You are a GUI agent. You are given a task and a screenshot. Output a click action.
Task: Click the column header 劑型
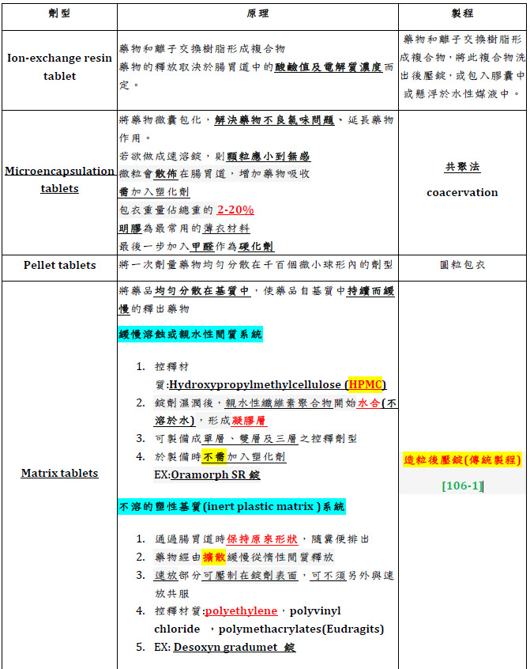pos(60,15)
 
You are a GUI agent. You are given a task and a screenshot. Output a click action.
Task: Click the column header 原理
pos(257,15)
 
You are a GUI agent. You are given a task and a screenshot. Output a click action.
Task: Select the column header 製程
pos(462,15)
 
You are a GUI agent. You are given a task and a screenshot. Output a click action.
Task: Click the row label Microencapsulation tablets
pos(60,180)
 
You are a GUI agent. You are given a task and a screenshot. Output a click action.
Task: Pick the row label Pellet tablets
pos(60,265)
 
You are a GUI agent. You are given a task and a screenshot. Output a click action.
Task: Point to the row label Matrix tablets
pos(60,473)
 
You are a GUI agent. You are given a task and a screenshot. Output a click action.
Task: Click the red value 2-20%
pos(235,210)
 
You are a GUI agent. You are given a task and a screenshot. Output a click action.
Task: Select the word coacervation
pos(462,192)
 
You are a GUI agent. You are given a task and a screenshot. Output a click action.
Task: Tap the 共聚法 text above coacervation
pos(462,167)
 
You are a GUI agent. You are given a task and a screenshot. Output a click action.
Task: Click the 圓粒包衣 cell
pos(462,265)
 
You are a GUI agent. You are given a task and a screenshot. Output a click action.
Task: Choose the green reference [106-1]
pos(462,485)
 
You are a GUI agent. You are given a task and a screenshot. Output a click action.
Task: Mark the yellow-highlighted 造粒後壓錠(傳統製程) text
pos(462,460)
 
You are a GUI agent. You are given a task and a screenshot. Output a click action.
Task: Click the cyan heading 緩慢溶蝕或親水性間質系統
pos(190,334)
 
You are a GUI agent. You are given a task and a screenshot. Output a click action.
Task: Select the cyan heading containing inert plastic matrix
pos(232,506)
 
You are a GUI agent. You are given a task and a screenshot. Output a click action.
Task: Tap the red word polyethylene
pos(241,611)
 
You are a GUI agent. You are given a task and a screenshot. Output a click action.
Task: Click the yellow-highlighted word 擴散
pos(213,556)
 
